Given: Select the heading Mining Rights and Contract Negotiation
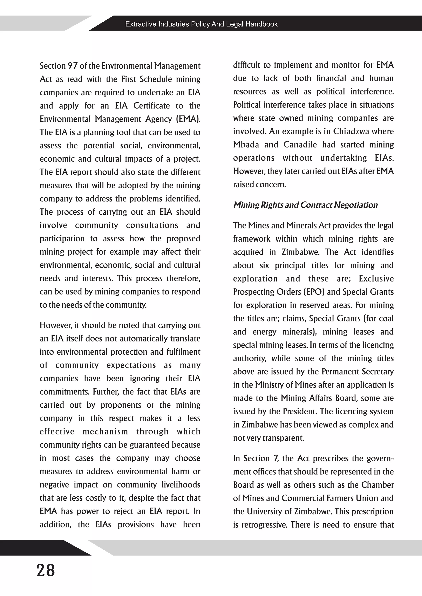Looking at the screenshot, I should [x=305, y=205].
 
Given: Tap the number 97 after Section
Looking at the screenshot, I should [x=73, y=66].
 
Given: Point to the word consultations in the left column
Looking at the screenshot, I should [x=152, y=225].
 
